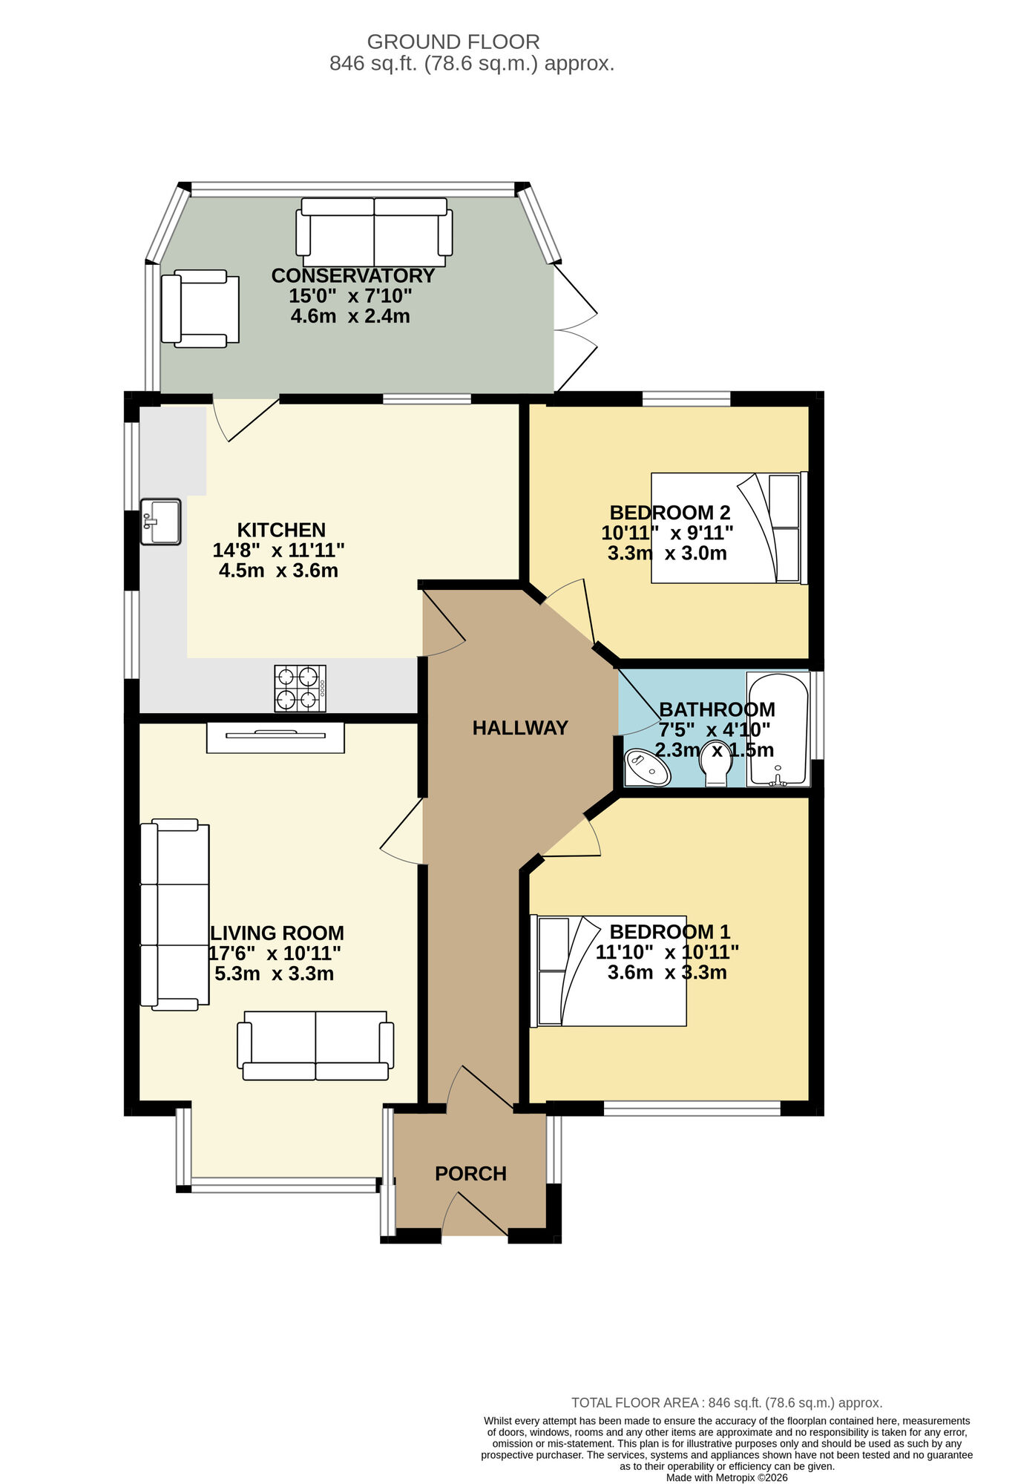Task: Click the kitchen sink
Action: (x=160, y=522)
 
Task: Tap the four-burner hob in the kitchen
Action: (x=300, y=688)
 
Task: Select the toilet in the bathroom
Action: (x=716, y=763)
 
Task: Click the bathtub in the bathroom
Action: (x=778, y=729)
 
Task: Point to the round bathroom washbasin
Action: (x=647, y=768)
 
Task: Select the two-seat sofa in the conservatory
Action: (x=374, y=232)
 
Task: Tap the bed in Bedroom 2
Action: (x=729, y=528)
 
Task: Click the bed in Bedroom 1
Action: (x=608, y=971)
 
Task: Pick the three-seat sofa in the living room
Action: (x=175, y=914)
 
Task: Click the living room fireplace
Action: (x=275, y=737)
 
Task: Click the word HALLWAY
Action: (x=520, y=728)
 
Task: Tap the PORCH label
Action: (x=470, y=1173)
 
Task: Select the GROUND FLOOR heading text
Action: (x=453, y=42)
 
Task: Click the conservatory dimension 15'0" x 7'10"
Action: (x=350, y=296)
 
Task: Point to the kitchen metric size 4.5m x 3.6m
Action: (x=278, y=571)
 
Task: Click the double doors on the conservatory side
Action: (x=575, y=329)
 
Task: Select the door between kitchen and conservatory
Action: (x=245, y=418)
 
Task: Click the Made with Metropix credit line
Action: (x=726, y=1477)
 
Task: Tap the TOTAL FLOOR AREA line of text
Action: (x=726, y=1402)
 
